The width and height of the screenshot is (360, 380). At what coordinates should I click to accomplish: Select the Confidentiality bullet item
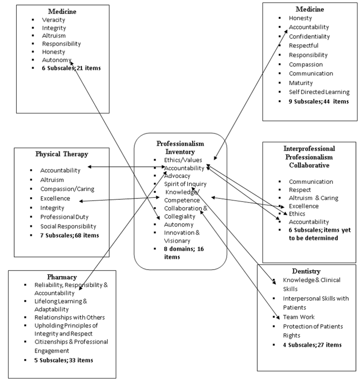point(310,37)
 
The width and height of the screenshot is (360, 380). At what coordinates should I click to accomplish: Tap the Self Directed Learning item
point(319,92)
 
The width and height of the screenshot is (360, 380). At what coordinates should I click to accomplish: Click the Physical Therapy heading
point(62,154)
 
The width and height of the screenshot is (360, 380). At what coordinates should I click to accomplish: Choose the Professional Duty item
point(67,217)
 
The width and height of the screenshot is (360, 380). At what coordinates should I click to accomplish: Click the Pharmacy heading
point(63,277)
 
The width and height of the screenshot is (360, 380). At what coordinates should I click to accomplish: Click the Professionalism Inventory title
point(180,148)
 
